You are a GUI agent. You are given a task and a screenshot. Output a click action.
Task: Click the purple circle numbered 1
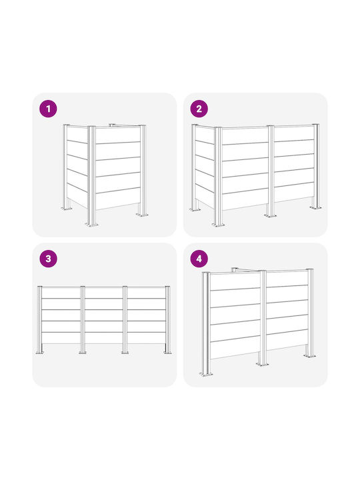(49, 109)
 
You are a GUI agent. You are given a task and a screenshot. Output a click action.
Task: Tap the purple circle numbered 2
(199, 109)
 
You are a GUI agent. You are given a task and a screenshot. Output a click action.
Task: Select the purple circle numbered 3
(49, 259)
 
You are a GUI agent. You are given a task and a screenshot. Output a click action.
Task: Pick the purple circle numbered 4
(199, 259)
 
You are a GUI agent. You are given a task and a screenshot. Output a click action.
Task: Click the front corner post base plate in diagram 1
(92, 225)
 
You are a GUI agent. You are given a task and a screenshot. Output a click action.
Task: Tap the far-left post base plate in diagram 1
(67, 209)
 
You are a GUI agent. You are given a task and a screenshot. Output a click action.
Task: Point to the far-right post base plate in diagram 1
(142, 215)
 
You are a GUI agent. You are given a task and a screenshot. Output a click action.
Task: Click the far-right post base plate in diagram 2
(315, 207)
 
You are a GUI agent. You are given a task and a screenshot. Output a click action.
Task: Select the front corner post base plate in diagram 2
(218, 225)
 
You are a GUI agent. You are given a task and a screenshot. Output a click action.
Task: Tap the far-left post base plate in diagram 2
(195, 210)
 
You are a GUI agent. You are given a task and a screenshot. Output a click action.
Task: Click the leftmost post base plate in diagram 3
(40, 353)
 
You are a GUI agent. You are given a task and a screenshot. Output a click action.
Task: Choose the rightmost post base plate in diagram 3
(167, 353)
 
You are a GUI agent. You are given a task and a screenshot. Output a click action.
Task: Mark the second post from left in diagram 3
(83, 320)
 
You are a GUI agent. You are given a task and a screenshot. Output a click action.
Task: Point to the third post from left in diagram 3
(125, 320)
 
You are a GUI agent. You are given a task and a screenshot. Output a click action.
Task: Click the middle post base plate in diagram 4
(263, 364)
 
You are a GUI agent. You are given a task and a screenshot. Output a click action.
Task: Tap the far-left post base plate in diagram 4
(206, 374)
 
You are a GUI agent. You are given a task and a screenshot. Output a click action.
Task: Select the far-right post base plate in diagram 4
(310, 356)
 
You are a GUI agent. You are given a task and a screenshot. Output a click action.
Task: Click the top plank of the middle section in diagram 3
(104, 293)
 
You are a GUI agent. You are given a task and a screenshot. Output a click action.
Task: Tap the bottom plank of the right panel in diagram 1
(118, 199)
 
